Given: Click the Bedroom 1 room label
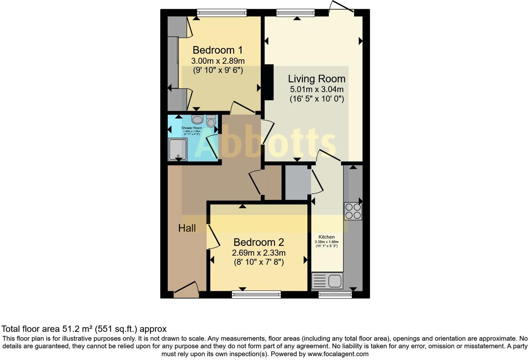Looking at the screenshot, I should click(217, 50).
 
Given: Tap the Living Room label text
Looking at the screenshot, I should click(316, 79).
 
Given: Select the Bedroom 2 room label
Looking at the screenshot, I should click(258, 242).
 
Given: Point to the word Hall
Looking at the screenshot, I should click(187, 228).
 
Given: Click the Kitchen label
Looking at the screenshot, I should click(326, 237).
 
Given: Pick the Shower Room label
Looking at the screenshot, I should click(191, 128).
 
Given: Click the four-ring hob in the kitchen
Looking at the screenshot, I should click(353, 211).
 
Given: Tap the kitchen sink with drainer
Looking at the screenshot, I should click(327, 281).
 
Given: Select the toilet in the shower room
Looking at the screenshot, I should click(211, 121).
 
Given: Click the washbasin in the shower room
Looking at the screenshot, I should click(197, 120).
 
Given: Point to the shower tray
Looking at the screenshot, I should click(177, 150).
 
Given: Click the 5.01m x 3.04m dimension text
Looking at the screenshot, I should click(316, 89).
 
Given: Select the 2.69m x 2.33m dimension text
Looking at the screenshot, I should click(258, 253).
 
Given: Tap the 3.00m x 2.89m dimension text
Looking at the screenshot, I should click(218, 61).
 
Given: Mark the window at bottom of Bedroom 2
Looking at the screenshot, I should click(256, 295).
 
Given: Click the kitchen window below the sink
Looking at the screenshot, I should click(335, 295).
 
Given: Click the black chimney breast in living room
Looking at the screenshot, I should click(268, 83).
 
